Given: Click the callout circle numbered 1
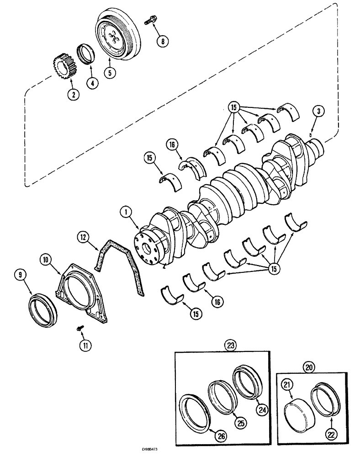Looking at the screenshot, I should [x=125, y=212].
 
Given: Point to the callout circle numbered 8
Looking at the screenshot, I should [x=162, y=41].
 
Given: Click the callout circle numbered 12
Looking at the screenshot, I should [x=82, y=237].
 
